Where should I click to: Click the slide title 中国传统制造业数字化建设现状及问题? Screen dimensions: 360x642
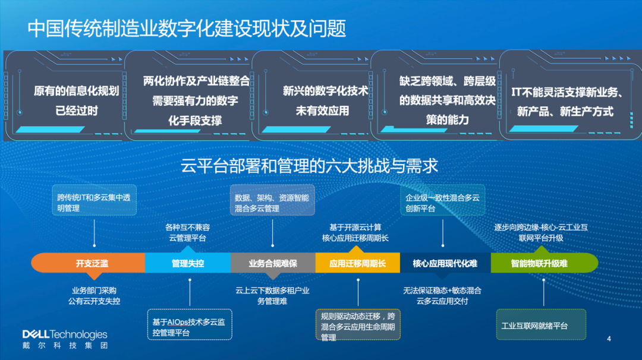(187, 29)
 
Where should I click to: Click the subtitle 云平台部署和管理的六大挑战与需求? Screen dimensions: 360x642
(310, 166)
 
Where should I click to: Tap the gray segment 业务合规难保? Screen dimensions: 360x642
(273, 263)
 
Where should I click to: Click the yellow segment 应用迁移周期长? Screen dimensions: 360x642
(357, 263)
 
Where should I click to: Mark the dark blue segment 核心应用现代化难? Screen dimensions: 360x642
(445, 263)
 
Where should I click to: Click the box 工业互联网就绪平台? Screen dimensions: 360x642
(541, 326)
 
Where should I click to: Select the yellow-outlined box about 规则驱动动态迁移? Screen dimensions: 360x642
(358, 326)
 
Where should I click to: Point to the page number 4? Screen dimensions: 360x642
(609, 339)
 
